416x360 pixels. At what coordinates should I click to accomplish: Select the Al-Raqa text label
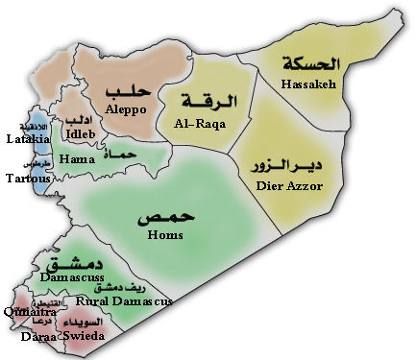(x=201, y=125)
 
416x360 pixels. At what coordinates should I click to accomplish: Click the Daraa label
(x=41, y=339)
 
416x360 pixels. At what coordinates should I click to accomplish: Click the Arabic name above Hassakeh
(x=310, y=64)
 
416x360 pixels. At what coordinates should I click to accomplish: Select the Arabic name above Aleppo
(x=127, y=91)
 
